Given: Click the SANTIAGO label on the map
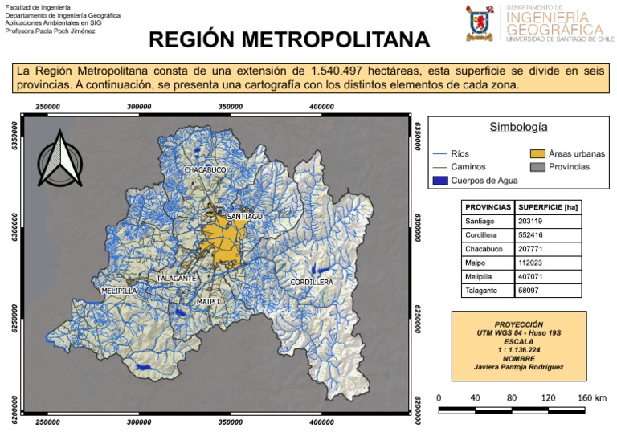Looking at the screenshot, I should [x=244, y=217].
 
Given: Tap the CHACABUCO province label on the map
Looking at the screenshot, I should [x=205, y=171].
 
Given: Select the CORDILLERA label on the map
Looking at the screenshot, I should [x=311, y=283].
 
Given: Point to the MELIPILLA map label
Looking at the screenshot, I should [x=119, y=290].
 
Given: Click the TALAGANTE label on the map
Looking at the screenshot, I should [x=176, y=279].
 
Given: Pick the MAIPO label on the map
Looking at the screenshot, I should [x=207, y=302].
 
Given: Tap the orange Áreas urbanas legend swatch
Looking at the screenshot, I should [x=537, y=153].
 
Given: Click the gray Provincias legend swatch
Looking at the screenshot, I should [x=537, y=167].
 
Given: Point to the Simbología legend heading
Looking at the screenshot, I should [x=518, y=127].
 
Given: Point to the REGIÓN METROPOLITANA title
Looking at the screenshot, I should [x=290, y=40].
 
